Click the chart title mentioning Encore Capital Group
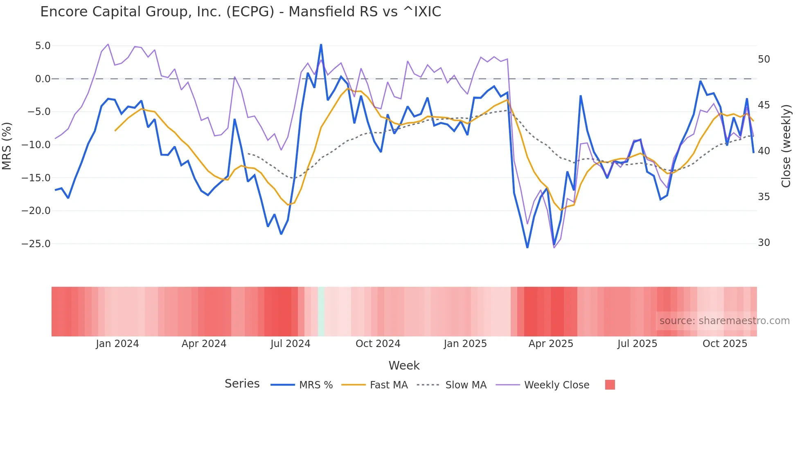tap(241, 12)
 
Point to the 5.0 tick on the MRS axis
tap(43, 46)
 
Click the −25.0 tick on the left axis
tap(36, 244)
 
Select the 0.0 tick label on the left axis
tap(43, 79)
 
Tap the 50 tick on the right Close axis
tap(764, 59)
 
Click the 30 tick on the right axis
tap(764, 243)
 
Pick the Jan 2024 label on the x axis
tap(117, 344)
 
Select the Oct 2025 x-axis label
tap(725, 344)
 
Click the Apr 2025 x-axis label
tap(551, 344)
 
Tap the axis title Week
tap(404, 365)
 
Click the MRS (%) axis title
tap(7, 146)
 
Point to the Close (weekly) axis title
tap(786, 146)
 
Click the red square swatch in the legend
tap(610, 385)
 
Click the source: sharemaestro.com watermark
tap(724, 321)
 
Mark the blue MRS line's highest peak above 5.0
tap(321, 45)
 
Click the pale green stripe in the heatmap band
tap(321, 311)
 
